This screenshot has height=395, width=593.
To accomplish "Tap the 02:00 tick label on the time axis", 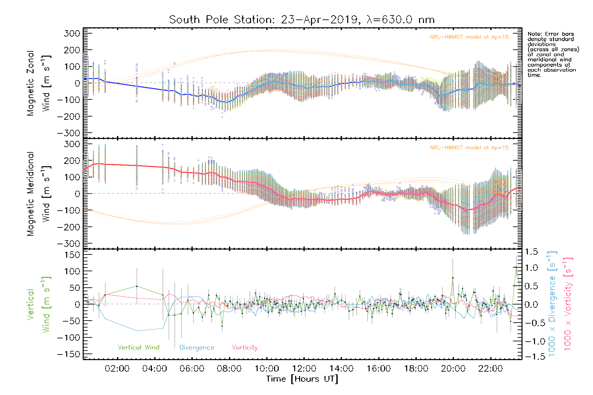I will [x=117, y=369].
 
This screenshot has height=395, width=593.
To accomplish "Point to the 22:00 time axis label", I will [x=491, y=369].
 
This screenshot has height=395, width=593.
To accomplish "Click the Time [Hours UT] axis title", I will [x=302, y=379].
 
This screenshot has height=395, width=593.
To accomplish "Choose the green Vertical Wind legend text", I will [x=138, y=347].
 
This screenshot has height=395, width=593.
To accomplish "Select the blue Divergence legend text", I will [x=197, y=348].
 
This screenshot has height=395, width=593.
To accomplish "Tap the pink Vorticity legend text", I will [x=244, y=348].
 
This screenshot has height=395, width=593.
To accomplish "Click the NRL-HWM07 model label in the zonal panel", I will [x=469, y=37].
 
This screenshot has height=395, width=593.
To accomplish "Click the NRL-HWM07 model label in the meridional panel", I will [x=469, y=148].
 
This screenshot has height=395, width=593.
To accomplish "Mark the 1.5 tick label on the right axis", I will [x=531, y=252].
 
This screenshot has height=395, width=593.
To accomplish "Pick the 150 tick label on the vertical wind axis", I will [x=72, y=255].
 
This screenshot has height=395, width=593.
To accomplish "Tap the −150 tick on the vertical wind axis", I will [x=69, y=354].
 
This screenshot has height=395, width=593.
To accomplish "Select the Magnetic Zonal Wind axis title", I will [x=39, y=83].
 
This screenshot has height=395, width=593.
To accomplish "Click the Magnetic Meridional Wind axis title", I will [x=39, y=194].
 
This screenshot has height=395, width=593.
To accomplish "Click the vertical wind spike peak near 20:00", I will [x=453, y=278].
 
